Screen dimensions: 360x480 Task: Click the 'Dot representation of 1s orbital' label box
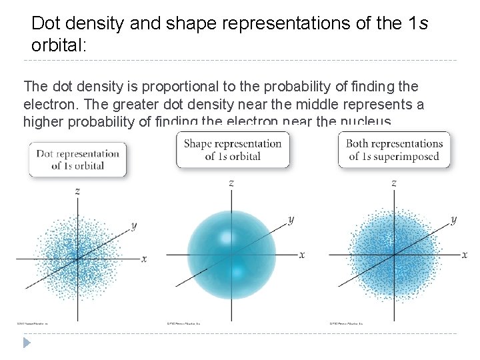tap(77, 159)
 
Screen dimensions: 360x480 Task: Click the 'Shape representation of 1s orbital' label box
tap(233, 150)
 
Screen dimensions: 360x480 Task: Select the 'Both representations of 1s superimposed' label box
tap(395, 150)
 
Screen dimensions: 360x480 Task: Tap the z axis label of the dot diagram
tap(78, 191)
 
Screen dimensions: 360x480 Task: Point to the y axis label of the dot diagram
tap(134, 225)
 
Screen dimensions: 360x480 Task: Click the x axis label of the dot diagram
tap(144, 258)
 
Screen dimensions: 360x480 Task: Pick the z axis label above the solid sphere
tap(231, 182)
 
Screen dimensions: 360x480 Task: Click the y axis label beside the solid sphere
tap(291, 219)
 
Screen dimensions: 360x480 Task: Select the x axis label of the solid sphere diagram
tap(301, 254)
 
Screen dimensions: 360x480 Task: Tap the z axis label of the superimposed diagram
tap(394, 182)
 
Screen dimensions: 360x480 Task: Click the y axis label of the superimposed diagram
tap(454, 219)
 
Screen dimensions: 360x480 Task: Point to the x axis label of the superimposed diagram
tap(464, 254)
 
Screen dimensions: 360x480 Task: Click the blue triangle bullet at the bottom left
tap(26, 343)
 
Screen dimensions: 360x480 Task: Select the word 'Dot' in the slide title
tap(46, 23)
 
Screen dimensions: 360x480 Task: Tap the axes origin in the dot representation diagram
tap(78, 258)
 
